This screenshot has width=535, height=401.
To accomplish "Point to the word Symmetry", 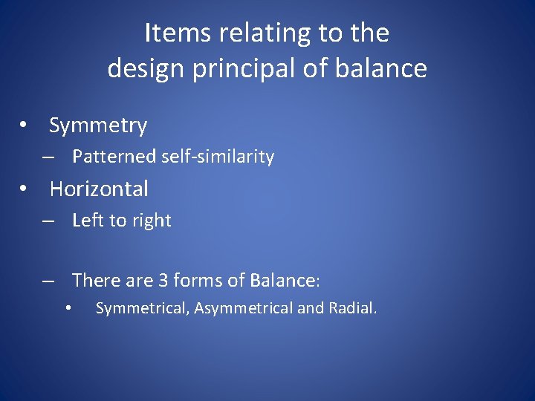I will [x=98, y=126].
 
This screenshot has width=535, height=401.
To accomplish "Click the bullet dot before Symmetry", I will [x=25, y=125].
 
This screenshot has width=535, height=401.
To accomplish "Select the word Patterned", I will [x=114, y=157].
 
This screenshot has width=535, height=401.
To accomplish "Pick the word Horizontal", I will [x=99, y=189].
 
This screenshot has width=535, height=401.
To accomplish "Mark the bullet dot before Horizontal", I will [x=25, y=189].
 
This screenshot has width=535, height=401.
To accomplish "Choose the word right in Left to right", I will [x=152, y=221].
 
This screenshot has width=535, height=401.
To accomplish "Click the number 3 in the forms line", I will [x=163, y=281].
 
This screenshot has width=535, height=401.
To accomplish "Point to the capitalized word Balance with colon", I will [x=285, y=281].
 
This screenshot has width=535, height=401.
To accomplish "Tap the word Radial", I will [x=353, y=308].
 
